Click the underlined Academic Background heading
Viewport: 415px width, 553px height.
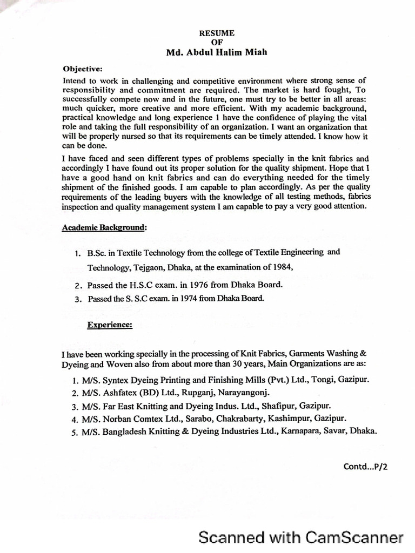pyautogui.click(x=103, y=228)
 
